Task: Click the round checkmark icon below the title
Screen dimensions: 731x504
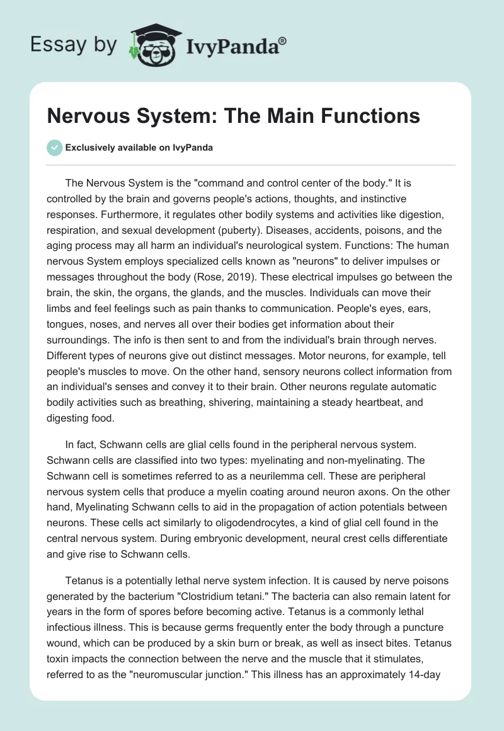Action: (x=54, y=147)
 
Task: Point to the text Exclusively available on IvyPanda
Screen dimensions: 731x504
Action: (x=139, y=147)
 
